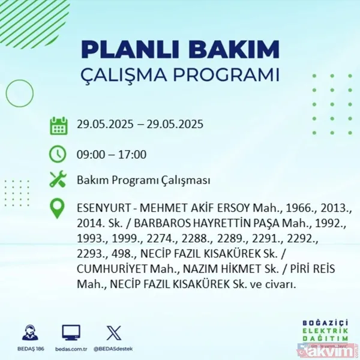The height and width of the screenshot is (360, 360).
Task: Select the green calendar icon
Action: point(58,125)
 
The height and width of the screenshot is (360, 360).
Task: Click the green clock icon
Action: point(58,154)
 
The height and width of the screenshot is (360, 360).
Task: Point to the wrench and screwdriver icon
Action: point(58,180)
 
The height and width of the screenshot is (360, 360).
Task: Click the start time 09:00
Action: point(90,154)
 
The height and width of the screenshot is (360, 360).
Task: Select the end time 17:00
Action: point(133,154)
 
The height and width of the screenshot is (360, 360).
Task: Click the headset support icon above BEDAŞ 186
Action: point(29,333)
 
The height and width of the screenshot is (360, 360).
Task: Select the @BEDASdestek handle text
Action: point(113,349)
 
